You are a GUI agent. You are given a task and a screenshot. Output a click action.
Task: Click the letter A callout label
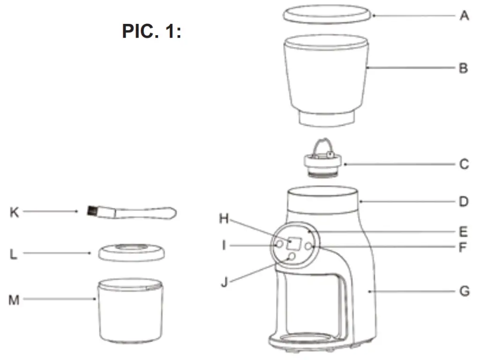(464, 16)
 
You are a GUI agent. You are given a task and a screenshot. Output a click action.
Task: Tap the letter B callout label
(463, 68)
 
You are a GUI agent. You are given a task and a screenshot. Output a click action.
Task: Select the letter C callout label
(464, 165)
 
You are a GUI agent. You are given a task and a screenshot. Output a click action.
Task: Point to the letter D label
(464, 202)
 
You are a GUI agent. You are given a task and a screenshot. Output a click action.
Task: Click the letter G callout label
(464, 292)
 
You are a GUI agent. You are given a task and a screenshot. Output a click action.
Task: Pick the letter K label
(15, 212)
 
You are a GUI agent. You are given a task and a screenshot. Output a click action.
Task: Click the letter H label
(224, 218)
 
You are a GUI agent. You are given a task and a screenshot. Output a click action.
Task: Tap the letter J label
(224, 283)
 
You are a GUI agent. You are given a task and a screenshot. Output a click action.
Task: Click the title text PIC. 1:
(151, 32)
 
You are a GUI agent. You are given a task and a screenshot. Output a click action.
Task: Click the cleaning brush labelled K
(131, 213)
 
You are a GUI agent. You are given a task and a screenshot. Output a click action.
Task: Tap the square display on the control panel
(294, 244)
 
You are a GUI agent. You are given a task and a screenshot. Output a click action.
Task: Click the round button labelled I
(279, 244)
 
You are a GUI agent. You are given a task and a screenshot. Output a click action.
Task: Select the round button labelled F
(309, 246)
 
